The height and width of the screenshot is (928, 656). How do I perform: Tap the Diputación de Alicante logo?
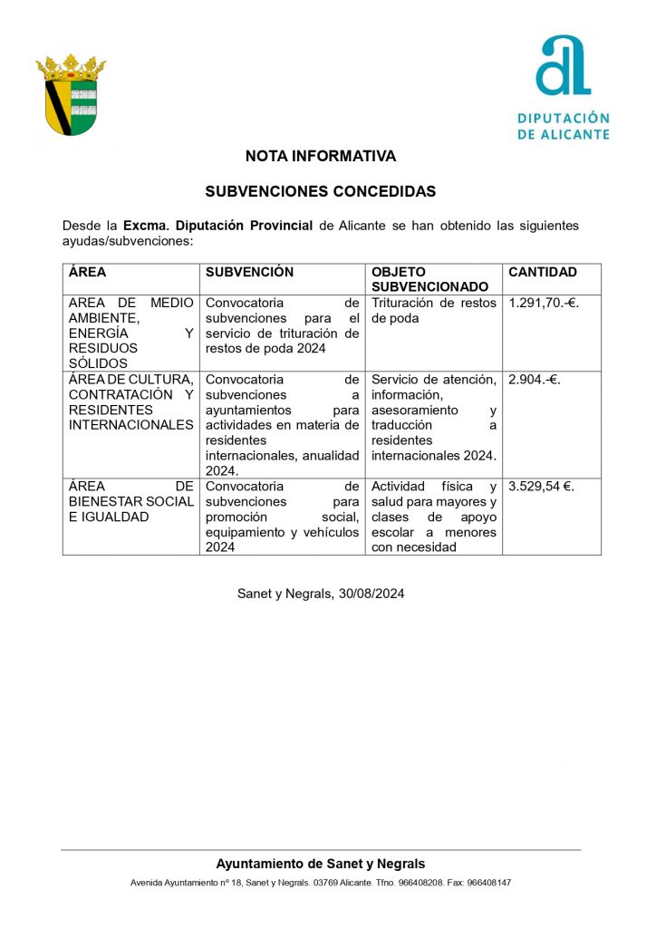564,87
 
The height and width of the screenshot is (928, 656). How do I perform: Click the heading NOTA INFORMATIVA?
321,157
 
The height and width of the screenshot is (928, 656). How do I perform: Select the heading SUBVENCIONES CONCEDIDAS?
321,192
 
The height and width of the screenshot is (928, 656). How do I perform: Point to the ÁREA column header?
88,272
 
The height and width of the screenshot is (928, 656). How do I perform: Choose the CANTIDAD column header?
543,272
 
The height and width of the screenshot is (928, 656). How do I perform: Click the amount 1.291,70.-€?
544,303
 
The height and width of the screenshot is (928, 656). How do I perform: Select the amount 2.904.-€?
535,380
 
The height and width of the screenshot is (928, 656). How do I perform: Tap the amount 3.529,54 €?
541,487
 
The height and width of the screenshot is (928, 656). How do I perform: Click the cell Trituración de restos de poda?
433,310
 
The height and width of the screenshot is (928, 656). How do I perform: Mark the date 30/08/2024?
371,594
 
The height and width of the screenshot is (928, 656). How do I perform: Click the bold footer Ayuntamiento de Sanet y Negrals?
321,864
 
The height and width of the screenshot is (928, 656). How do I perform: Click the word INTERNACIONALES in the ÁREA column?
131,425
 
